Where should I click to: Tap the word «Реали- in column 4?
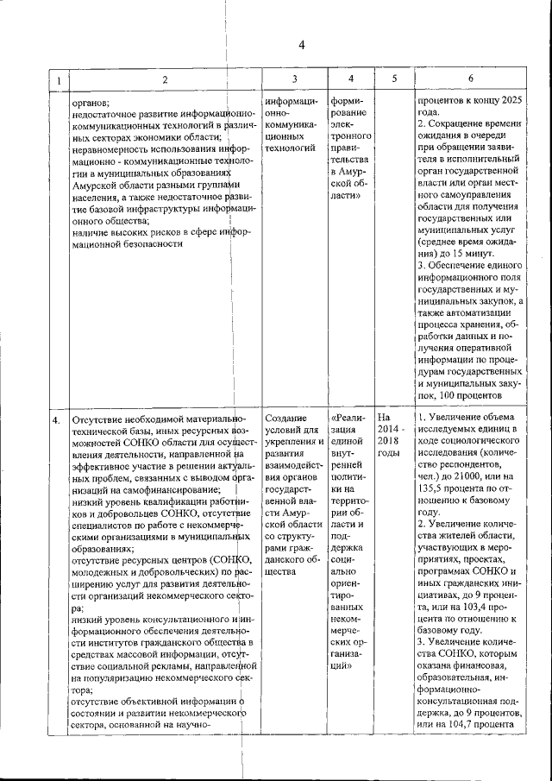tap(348, 420)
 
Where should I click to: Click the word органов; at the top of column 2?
tap(90, 101)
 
